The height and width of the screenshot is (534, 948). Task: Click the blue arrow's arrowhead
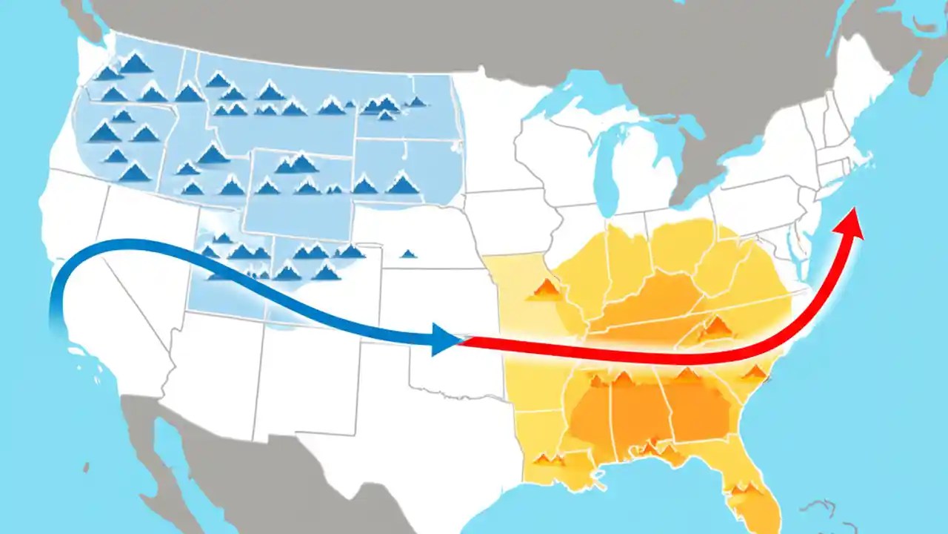[x=447, y=340]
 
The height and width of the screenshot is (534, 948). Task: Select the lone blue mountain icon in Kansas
[x=408, y=254]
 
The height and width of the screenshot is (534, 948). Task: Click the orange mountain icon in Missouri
[x=546, y=289]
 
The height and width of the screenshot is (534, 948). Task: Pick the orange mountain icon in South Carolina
[x=755, y=372]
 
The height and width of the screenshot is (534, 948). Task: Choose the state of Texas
[x=385, y=415]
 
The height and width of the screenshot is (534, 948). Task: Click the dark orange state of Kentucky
[x=659, y=297]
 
